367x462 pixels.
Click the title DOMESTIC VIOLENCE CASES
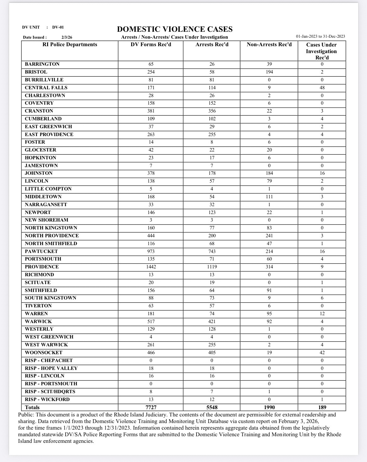[x=175, y=29]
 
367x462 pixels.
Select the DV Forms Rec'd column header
[x=151, y=45]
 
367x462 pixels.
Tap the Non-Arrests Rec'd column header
[x=269, y=45]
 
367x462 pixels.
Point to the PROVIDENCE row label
[x=42, y=267]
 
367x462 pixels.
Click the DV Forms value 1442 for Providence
[x=151, y=267]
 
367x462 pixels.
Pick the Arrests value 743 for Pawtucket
[x=212, y=251]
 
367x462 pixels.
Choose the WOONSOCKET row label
[x=44, y=353]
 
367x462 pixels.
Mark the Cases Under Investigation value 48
[x=322, y=88]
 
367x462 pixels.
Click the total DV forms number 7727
[x=151, y=407]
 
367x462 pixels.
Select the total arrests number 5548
[x=212, y=407]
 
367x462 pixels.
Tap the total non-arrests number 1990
[x=269, y=407]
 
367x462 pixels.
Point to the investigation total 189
[x=322, y=407]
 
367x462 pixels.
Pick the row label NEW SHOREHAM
[x=46, y=220]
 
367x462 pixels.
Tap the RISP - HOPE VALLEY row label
[x=51, y=368]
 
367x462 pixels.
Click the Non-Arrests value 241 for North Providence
[x=269, y=236]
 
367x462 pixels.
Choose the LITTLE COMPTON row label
[x=48, y=189]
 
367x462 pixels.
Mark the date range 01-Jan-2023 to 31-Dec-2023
[x=320, y=36]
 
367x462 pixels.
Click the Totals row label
[x=32, y=407]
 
